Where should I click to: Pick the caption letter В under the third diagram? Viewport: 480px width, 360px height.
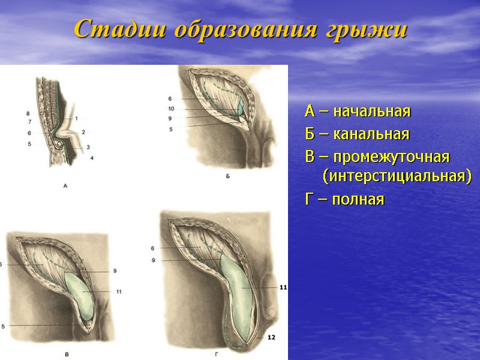pos(67,355)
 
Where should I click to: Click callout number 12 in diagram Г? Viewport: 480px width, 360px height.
pos(271,337)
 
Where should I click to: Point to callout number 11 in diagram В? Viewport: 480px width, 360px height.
pos(119,292)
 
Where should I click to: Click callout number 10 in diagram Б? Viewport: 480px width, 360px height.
pos(170,109)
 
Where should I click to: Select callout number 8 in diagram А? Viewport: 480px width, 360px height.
pos(28,113)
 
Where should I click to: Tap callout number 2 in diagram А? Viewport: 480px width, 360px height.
pos(83,131)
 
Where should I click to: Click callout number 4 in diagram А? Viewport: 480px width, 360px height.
pos(92,158)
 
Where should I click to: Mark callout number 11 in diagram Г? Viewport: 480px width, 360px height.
pos(283,287)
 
